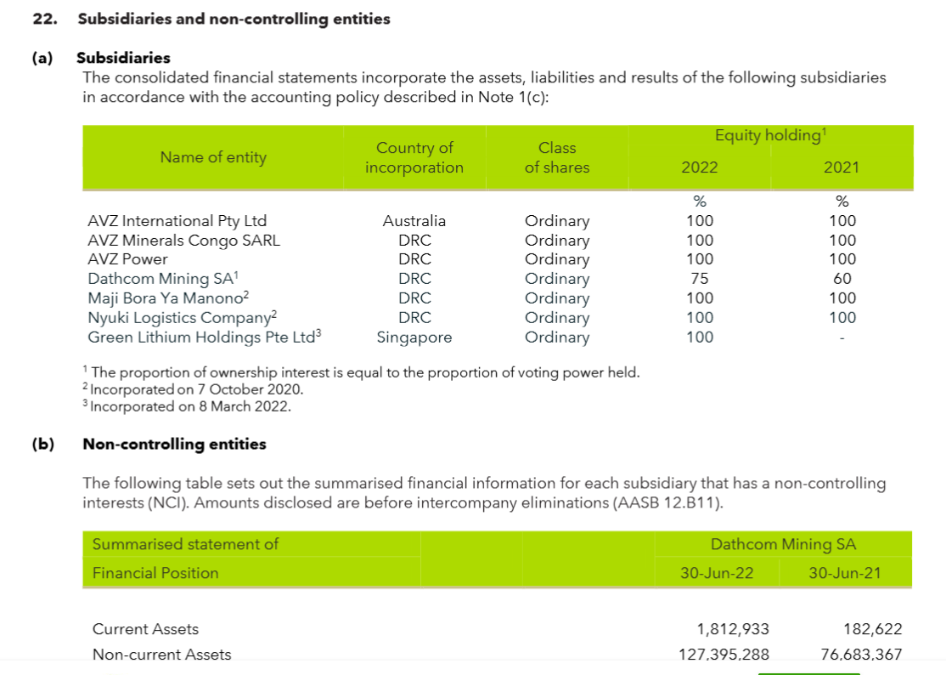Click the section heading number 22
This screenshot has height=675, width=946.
click(43, 19)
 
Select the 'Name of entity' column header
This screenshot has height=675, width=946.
click(213, 157)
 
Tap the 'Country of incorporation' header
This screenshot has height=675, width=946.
click(414, 158)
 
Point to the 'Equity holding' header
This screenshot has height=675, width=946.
click(770, 135)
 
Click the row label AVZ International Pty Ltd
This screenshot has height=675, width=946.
click(177, 221)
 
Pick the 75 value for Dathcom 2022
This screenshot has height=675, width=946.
click(700, 279)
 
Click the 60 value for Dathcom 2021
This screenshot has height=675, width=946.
click(842, 279)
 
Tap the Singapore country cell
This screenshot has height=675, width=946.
click(414, 337)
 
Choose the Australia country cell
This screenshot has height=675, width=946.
click(414, 221)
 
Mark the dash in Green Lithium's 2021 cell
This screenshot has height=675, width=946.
click(842, 337)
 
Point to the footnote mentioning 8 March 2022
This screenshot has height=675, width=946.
click(190, 406)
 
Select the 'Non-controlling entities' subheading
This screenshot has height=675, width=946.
click(174, 444)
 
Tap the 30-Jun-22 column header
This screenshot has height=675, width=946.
click(717, 573)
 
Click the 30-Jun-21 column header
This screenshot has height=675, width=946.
click(844, 573)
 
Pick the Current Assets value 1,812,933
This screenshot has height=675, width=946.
click(732, 629)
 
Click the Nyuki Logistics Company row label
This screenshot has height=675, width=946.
click(183, 318)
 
